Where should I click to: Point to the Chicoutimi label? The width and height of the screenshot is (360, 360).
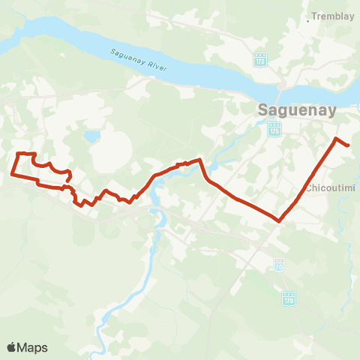329,187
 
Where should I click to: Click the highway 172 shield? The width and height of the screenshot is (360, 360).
260,59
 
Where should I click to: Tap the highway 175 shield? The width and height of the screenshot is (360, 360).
274,130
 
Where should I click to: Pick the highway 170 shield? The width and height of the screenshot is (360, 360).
289,299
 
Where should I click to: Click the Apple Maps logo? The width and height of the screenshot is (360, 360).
27,347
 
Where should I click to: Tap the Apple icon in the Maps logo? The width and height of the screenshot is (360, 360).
12,346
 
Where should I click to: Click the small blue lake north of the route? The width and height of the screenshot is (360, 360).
92,137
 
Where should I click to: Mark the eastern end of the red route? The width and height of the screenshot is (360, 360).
349,145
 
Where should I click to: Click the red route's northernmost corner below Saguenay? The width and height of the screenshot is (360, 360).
336,139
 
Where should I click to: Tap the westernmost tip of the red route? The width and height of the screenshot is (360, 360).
11,174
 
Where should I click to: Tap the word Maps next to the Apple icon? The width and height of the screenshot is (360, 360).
33,347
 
